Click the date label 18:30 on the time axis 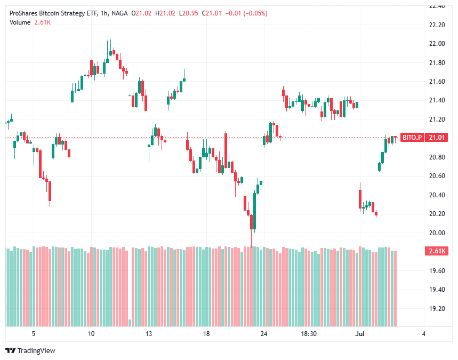point(309,334)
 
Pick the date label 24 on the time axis point(264,334)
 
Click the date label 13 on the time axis point(149,334)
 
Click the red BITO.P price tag point(412,138)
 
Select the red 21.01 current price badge point(437,138)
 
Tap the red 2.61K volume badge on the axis point(437,251)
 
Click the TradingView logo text point(36,350)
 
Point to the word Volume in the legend point(20,21)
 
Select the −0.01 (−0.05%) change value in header point(248,13)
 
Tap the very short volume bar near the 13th point(130,323)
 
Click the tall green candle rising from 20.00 point(255,211)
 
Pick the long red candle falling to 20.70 point(226,151)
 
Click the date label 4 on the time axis point(423,334)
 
